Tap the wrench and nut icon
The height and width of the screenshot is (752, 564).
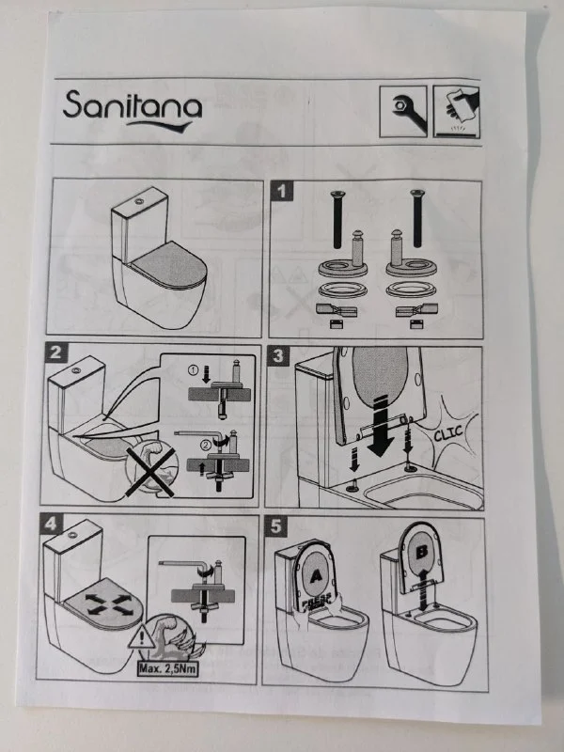403,112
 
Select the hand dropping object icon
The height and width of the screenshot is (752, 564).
457,112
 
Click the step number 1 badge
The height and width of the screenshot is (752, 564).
281,192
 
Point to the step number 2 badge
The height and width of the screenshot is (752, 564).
56,353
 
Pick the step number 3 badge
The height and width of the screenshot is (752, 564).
278,356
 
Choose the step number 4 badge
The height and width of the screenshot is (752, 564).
51,524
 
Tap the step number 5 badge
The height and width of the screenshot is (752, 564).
275,526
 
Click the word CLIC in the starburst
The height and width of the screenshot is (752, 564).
448,433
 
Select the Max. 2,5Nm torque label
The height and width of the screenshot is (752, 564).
168,668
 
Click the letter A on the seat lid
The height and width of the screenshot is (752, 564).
316,575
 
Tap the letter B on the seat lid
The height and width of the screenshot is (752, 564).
421,552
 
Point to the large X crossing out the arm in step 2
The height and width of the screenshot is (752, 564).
150,473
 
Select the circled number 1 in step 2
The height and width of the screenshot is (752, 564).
193,369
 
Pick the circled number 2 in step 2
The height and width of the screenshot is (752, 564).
205,445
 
